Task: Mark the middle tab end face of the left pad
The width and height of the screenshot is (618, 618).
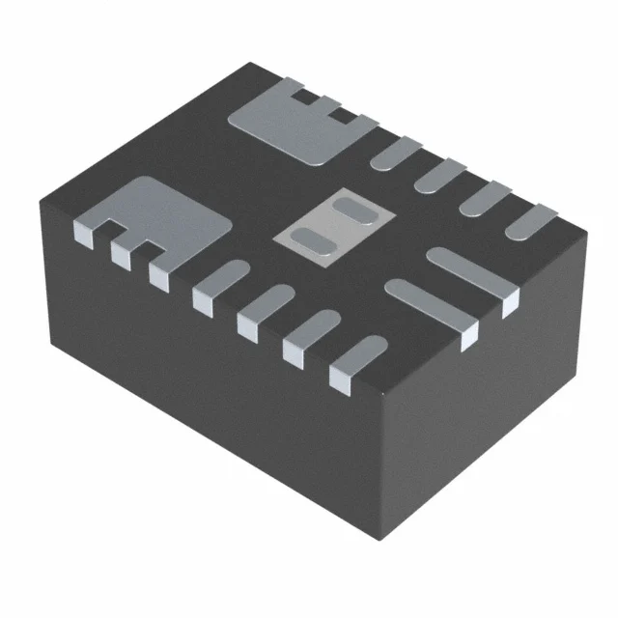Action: coord(120,253)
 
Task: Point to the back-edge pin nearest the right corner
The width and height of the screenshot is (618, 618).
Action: coord(531,223)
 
